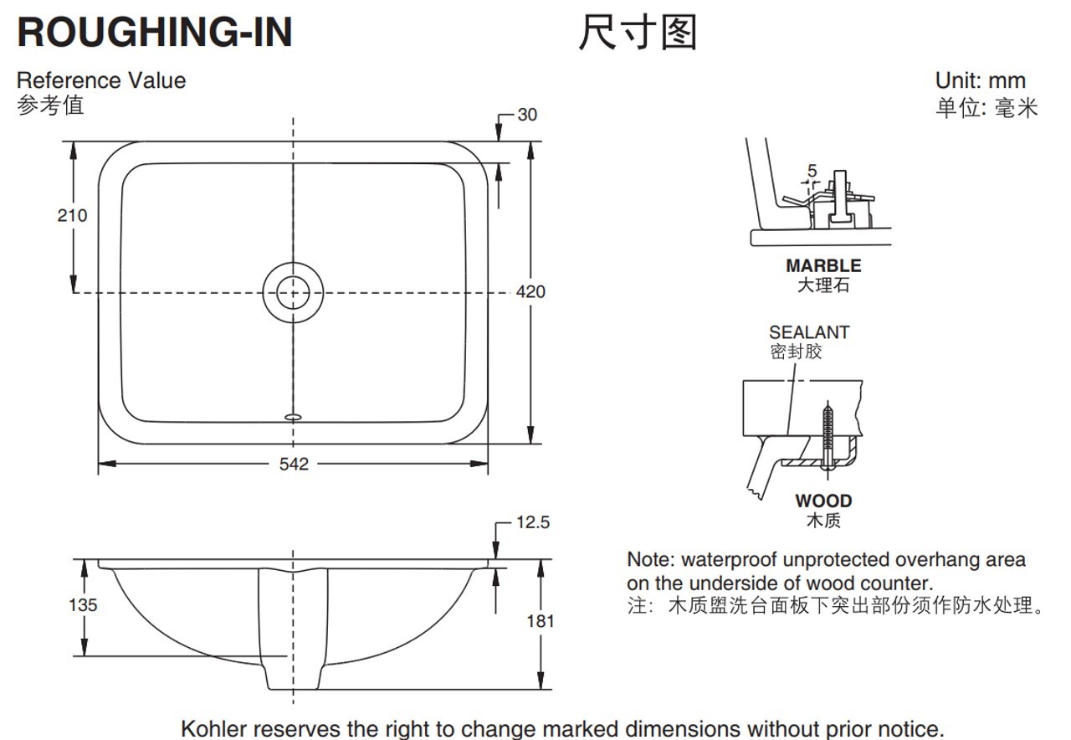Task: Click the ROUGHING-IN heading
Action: tap(155, 32)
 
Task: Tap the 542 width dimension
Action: tap(294, 464)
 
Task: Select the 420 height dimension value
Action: tap(530, 291)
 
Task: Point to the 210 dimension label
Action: tap(72, 216)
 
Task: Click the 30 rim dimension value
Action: tap(527, 115)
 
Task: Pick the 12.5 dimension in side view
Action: tap(533, 522)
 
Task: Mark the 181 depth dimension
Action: tap(541, 621)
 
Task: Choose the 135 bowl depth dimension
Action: tap(83, 604)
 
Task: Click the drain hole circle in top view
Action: tap(292, 292)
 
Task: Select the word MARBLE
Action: tap(823, 266)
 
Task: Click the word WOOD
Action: tap(823, 501)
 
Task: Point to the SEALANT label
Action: tap(809, 332)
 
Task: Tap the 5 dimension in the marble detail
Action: tap(812, 171)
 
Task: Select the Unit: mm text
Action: tap(980, 81)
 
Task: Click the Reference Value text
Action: tap(101, 80)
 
